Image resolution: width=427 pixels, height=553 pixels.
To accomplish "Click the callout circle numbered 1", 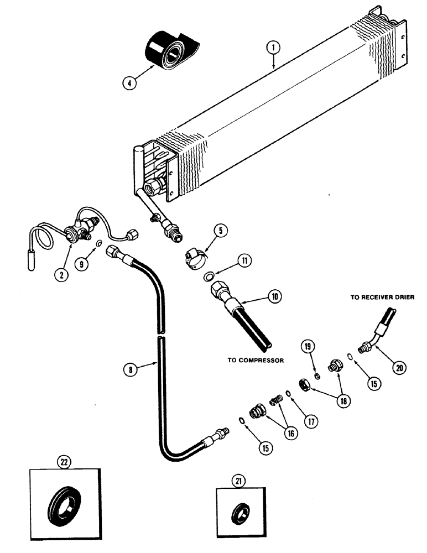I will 273,49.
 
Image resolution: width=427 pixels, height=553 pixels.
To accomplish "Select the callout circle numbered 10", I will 274,297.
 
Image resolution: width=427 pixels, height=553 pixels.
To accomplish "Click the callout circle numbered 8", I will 131,369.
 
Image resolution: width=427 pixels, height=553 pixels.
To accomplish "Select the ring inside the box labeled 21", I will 239,513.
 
